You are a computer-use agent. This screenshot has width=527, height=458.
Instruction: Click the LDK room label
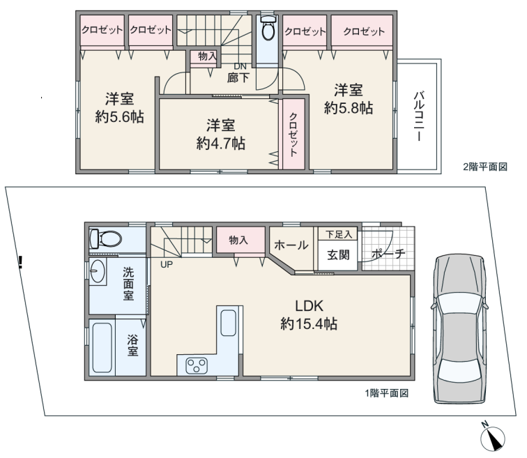click(x=310, y=306)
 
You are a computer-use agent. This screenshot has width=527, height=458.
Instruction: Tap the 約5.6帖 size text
click(x=119, y=117)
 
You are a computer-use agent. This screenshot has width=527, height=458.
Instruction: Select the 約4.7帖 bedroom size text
click(x=220, y=144)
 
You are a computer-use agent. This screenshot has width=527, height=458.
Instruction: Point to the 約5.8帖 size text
click(x=349, y=108)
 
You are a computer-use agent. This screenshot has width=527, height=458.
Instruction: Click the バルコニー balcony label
click(x=419, y=116)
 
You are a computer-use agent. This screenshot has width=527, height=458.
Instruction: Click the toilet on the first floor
click(x=105, y=239)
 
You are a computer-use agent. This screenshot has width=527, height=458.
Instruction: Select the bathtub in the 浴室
click(x=102, y=347)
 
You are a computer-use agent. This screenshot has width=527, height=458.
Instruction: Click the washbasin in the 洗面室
click(x=98, y=271)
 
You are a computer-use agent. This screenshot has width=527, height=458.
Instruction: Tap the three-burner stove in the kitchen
click(x=197, y=365)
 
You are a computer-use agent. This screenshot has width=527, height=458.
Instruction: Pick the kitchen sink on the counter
click(x=228, y=323)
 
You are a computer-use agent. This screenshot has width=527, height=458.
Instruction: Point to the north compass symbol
click(x=493, y=438)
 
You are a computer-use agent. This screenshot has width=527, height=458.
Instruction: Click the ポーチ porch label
click(x=388, y=254)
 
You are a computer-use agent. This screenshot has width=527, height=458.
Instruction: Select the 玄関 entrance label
click(x=338, y=255)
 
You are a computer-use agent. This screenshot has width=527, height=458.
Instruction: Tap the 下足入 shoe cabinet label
click(x=339, y=234)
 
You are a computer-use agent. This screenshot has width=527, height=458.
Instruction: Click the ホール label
click(x=291, y=245)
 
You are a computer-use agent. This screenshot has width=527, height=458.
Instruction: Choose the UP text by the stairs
click(x=167, y=264)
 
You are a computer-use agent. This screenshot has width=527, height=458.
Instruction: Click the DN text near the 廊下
click(x=240, y=66)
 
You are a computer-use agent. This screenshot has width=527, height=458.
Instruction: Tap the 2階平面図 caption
click(x=485, y=167)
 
